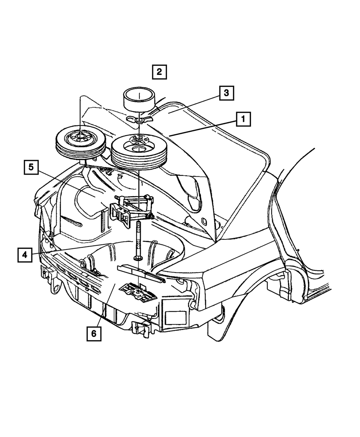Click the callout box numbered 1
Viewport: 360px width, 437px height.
tap(243, 119)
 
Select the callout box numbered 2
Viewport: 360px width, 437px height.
tap(159, 71)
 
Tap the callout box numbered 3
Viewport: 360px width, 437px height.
tap(226, 93)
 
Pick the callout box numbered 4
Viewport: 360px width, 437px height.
tap(24, 255)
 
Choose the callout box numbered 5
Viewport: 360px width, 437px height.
tap(31, 167)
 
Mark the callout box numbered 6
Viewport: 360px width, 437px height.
tap(94, 333)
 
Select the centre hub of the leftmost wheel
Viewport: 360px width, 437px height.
tap(79, 136)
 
